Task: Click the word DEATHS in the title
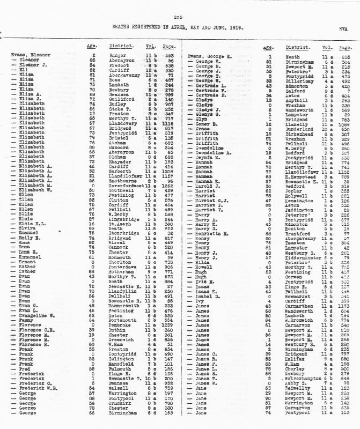coord(121,26)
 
